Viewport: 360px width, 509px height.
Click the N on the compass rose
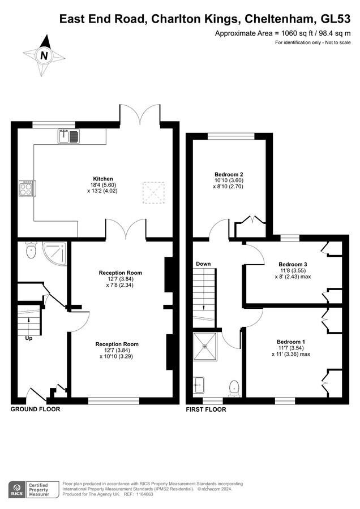(44, 55)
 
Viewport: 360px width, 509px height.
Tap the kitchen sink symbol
(69, 136)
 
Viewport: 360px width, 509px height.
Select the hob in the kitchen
(26, 188)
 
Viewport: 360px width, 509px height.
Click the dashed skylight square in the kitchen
(153, 193)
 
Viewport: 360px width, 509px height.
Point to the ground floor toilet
(31, 251)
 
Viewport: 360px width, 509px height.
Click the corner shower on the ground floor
(55, 254)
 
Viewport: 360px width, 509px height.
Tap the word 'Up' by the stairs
(29, 339)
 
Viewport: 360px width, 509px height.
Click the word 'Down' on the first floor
(203, 264)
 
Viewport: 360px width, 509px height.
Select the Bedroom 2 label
(229, 174)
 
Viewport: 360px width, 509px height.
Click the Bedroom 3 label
(293, 265)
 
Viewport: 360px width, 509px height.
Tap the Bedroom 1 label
(291, 342)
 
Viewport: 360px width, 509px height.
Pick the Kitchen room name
(103, 179)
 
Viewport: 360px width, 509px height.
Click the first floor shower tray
(205, 346)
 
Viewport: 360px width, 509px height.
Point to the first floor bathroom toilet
(234, 388)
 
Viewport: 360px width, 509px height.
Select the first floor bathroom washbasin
(199, 385)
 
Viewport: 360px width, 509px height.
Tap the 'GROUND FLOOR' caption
(36, 409)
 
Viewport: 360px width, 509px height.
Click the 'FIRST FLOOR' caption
(206, 409)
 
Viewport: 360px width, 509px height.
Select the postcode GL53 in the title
(336, 19)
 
